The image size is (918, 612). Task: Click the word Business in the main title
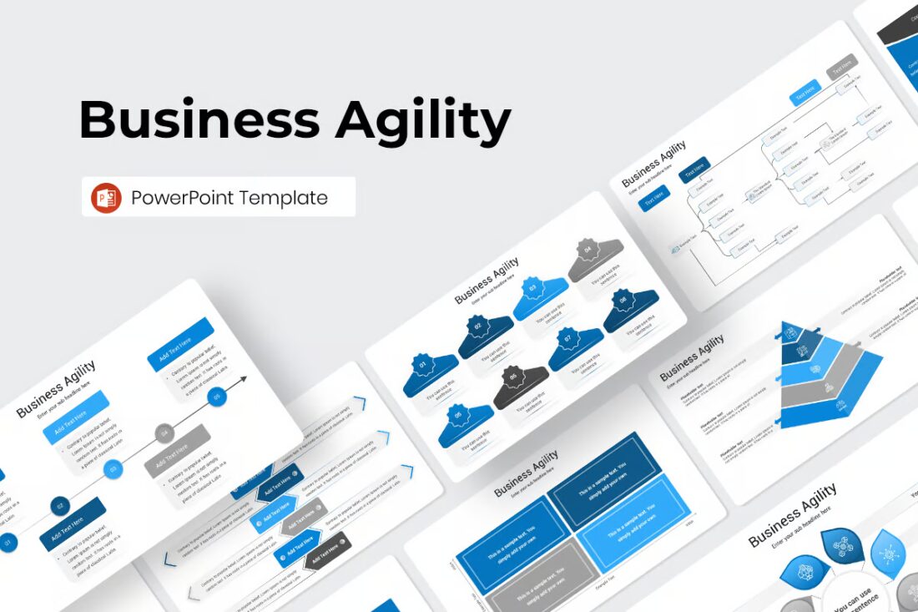coord(199,119)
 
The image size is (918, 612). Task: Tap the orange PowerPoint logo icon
coord(107,197)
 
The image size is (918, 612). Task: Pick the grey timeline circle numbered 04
coord(164,433)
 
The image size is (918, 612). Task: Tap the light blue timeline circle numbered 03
coord(113,470)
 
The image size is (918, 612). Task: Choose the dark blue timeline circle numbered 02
coord(59,505)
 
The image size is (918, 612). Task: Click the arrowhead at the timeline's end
coord(243,381)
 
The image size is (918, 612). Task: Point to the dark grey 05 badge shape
coord(520,388)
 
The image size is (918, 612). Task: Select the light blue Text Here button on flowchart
coord(805,92)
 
